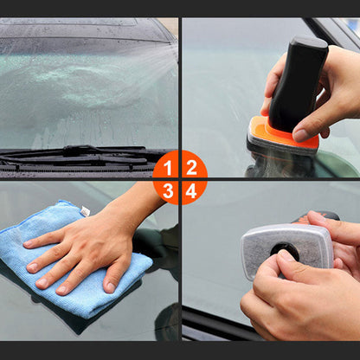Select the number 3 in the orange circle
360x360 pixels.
click(x=169, y=191)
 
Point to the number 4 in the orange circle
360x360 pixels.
click(x=191, y=191)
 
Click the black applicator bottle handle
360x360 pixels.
click(x=299, y=82)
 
